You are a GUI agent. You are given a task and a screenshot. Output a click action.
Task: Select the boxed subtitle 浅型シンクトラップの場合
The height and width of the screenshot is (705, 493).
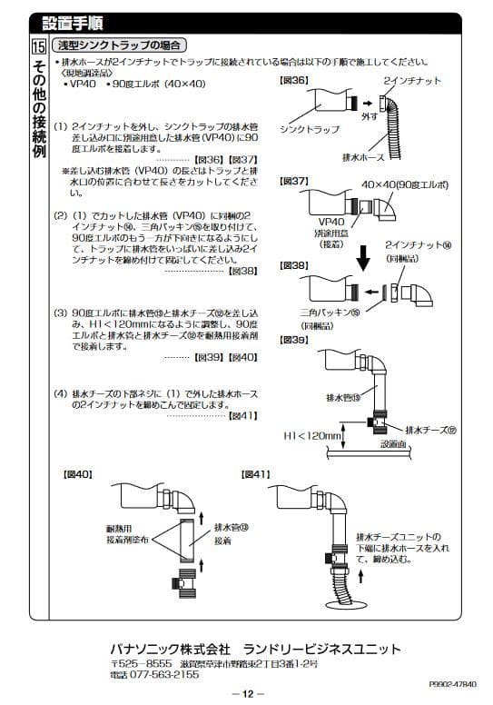click(x=119, y=45)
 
